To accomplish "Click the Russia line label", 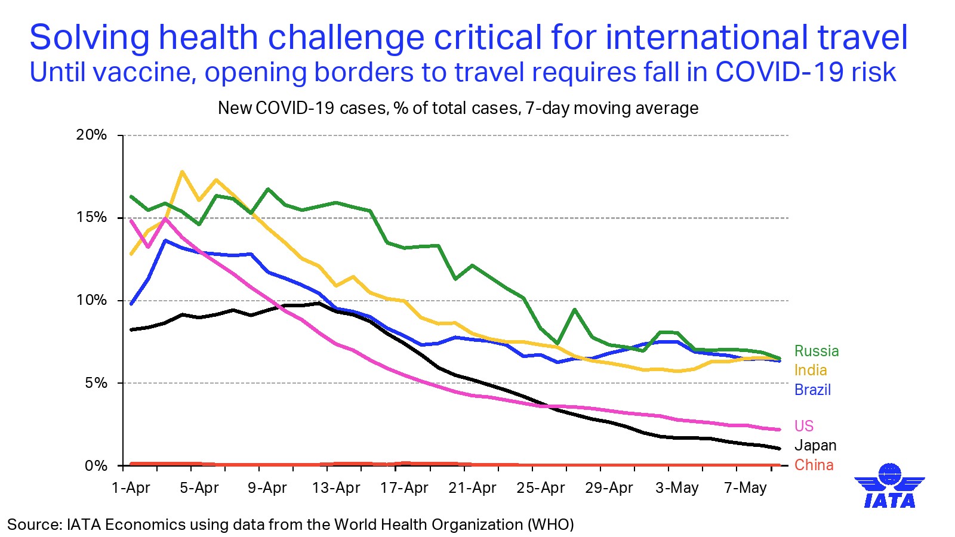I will (x=816, y=351).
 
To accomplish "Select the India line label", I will (x=810, y=371).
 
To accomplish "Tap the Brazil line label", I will (x=812, y=390).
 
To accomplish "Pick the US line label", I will (x=803, y=426).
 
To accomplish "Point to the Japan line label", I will (x=815, y=446).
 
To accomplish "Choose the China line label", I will (x=814, y=465).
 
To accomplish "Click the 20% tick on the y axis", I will (x=91, y=135).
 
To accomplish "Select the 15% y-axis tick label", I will (x=91, y=217).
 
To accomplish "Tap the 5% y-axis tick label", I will (x=95, y=383).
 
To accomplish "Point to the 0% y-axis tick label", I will (x=95, y=465).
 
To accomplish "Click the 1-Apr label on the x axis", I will (x=131, y=488).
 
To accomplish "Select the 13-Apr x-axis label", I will (x=336, y=488).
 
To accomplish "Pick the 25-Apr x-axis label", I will (x=540, y=488).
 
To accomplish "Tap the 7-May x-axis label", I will (x=745, y=488).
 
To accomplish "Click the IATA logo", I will (x=889, y=486).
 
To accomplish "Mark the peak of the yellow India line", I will (x=182, y=172).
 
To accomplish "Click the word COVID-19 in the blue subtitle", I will (x=778, y=72).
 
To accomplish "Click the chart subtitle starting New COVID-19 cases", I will (x=458, y=108).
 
